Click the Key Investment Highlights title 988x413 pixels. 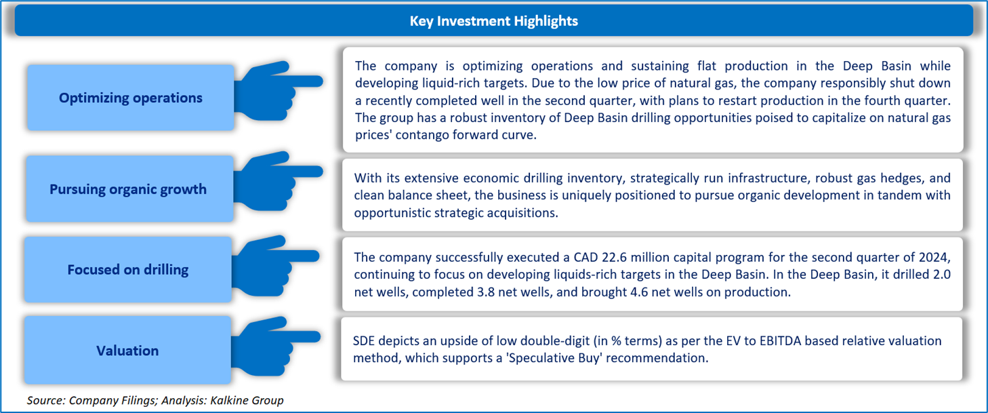tap(493, 21)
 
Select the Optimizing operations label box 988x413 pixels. tap(130, 98)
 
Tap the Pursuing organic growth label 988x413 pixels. tap(128, 189)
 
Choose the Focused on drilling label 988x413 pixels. tap(128, 269)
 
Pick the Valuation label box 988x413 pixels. tap(127, 350)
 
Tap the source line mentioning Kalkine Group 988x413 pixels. tap(155, 400)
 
